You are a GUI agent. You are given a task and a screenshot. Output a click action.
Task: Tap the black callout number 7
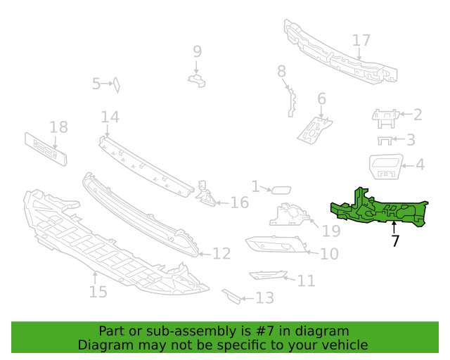[x=395, y=240]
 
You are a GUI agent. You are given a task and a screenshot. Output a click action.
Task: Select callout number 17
[x=361, y=40]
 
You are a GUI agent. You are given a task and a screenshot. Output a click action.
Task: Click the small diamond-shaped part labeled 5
[x=117, y=85]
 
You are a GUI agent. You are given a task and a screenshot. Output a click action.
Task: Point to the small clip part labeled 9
[x=197, y=80]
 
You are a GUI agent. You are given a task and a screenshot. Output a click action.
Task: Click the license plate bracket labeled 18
[x=46, y=149]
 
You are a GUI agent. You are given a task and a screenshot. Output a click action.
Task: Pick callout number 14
[x=110, y=117]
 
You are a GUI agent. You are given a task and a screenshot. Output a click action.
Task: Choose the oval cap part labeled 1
[x=281, y=190]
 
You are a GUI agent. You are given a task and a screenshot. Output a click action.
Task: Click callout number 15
[x=98, y=292]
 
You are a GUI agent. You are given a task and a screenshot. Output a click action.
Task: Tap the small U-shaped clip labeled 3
[x=385, y=141]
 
